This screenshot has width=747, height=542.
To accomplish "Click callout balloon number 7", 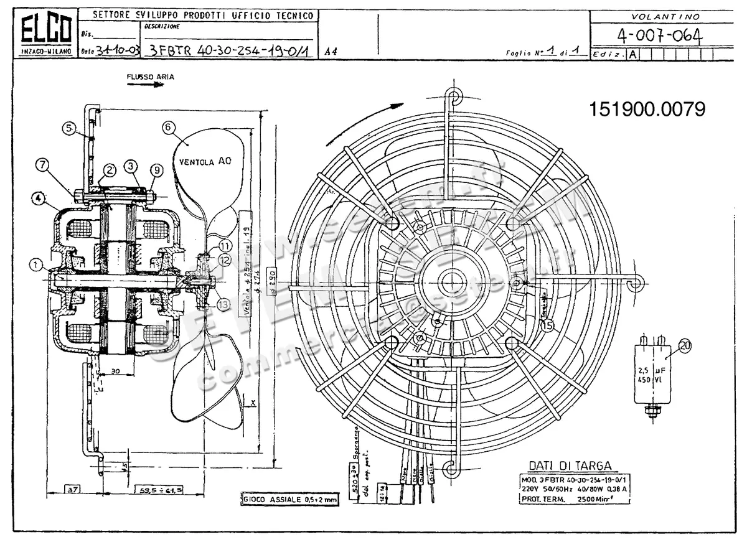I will click(42, 165).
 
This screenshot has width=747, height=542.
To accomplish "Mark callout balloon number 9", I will click(156, 169).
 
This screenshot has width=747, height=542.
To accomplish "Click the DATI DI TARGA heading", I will click(570, 466).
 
